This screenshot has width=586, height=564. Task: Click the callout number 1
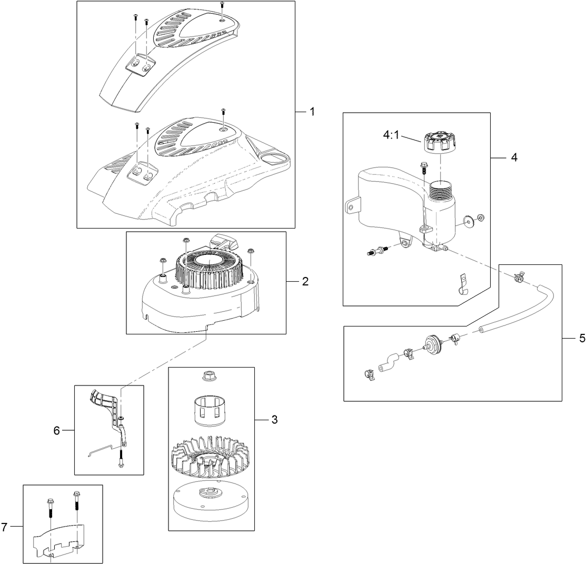pos(312,112)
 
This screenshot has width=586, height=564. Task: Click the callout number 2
pos(305,281)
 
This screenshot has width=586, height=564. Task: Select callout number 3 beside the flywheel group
pos(275,420)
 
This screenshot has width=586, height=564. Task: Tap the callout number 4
pos(514,157)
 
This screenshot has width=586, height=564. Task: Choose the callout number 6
pos(56,431)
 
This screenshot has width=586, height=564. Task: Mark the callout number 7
pos(4,527)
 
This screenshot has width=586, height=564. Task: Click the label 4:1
pos(392,135)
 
